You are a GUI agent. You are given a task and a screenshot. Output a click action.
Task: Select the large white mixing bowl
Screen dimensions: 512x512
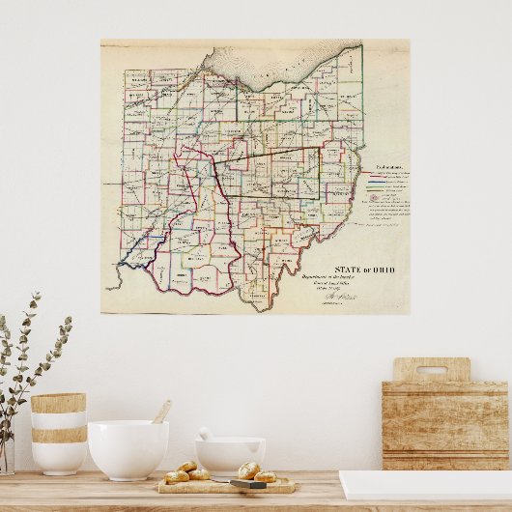coord(128,450)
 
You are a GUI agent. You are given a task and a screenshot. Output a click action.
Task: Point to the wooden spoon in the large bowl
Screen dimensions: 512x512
coord(161,412)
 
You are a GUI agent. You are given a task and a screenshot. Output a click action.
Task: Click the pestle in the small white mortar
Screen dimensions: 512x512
coord(206,435)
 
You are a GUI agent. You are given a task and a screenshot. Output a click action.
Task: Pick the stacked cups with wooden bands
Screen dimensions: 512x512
coord(58,432)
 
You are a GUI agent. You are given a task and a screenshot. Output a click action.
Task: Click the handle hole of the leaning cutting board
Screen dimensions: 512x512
coord(431,370)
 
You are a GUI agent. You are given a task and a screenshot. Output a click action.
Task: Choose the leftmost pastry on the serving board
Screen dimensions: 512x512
coord(177,477)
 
